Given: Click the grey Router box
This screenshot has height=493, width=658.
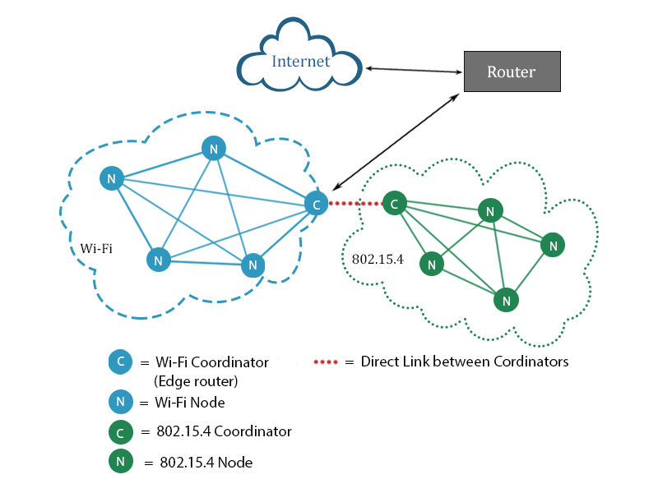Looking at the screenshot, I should tap(512, 71).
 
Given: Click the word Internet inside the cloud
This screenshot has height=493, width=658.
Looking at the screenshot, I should tap(301, 62).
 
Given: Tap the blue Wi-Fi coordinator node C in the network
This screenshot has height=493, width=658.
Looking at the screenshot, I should tap(316, 203).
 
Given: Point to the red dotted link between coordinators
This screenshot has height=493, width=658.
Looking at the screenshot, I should tap(355, 203).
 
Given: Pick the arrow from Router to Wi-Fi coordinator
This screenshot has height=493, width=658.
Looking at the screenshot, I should tap(396, 141).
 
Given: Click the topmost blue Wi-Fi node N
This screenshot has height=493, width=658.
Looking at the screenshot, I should tap(213, 149).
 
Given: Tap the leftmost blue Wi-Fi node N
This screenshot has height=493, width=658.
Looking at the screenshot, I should tap(111, 177).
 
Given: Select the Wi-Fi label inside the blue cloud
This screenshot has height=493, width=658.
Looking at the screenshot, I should tap(96, 248).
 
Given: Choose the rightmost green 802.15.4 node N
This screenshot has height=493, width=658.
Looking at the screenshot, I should tap(553, 245).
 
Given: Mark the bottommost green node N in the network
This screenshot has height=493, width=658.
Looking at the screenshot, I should tap(507, 301).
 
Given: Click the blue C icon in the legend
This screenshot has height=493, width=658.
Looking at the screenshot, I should tap(120, 362).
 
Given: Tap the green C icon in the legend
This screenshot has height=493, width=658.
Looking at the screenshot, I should tap(120, 431).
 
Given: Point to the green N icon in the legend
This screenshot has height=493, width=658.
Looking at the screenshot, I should tap(120, 462).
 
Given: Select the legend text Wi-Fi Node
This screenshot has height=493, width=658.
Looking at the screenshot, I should tap(190, 403).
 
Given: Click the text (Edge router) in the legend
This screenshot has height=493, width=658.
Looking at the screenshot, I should tap(195, 381).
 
